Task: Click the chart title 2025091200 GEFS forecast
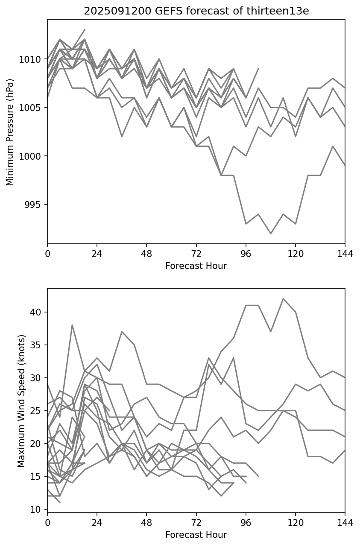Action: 196,11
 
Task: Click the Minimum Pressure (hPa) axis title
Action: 10,132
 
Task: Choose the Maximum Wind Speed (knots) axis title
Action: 21,400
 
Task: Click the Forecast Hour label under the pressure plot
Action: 196,266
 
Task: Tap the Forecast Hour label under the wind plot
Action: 196,535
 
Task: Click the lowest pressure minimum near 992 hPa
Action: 270,234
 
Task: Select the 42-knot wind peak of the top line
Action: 283,299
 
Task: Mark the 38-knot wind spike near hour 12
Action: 72,325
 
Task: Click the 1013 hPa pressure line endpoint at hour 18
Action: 85,30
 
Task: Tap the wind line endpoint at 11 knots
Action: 60,502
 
